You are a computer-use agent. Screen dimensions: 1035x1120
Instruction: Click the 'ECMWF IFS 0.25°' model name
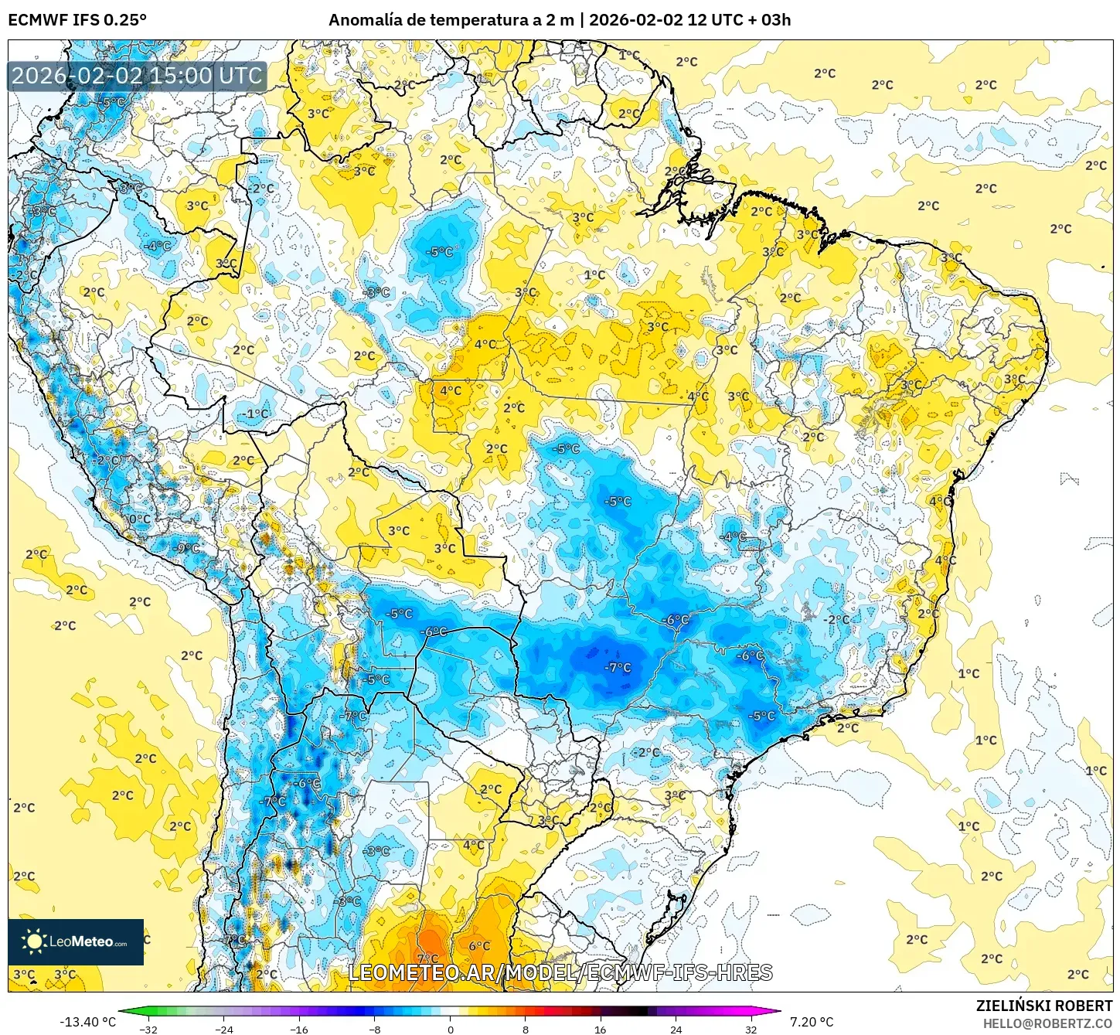(77, 20)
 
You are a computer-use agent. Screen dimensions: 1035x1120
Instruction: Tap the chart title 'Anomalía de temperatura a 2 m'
(451, 20)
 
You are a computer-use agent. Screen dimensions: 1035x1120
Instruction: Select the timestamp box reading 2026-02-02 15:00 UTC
(137, 76)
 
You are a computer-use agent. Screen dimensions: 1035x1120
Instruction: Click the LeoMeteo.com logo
(76, 941)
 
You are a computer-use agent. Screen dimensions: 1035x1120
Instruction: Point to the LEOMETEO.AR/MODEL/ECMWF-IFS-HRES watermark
(560, 972)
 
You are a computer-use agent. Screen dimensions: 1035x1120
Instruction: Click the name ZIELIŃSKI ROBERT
(1044, 1006)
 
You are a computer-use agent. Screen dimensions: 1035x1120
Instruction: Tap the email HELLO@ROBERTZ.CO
(1047, 1023)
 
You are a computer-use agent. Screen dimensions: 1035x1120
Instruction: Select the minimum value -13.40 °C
(87, 1022)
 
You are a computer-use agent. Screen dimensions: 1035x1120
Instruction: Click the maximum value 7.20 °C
(812, 1022)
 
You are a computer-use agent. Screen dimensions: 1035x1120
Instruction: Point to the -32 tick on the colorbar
(148, 1029)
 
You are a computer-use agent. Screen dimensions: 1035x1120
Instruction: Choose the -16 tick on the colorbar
(299, 1029)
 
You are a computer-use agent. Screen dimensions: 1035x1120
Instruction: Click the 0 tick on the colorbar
(451, 1029)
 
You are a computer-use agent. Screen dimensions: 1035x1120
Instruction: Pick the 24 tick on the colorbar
(676, 1029)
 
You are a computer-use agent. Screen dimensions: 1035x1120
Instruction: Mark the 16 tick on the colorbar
(601, 1029)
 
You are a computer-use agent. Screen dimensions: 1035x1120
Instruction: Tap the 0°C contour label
(140, 519)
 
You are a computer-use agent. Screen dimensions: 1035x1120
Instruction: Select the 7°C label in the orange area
(427, 959)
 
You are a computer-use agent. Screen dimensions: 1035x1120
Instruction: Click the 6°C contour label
(479, 945)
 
